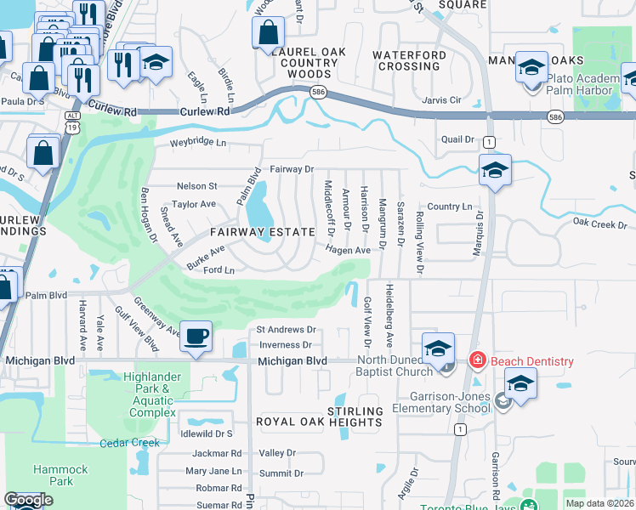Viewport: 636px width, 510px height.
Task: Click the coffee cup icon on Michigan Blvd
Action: pos(196,337)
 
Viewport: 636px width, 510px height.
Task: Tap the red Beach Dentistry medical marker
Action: pos(477,361)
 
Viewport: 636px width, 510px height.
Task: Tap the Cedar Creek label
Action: pos(129,443)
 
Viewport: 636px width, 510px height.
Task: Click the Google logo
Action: pos(28,500)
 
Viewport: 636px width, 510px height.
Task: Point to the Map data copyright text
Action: pos(599,503)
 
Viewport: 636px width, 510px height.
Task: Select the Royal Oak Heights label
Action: pos(307,422)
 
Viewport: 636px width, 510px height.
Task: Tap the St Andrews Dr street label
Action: pos(286,330)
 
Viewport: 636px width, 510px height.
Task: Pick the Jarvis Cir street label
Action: pos(442,99)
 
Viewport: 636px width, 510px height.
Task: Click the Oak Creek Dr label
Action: pos(599,224)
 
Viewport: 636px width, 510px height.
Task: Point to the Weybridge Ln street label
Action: pos(198,143)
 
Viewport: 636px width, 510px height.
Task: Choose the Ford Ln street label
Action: pos(219,270)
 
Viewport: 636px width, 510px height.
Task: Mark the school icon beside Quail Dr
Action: pos(494,170)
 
